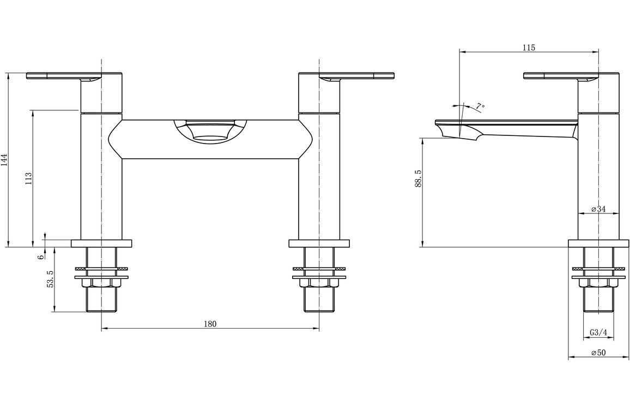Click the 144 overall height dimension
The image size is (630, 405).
4,160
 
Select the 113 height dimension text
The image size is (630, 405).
29,178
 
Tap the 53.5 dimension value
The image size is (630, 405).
50,279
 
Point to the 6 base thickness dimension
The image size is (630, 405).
40,257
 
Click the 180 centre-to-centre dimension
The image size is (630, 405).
210,324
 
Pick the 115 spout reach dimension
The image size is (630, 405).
529,47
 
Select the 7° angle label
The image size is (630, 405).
480,106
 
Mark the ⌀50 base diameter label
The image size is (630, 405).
598,353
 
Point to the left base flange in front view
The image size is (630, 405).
102,243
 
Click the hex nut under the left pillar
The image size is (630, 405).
102,283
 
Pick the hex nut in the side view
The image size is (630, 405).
598,283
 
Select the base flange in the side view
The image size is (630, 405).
598,243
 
